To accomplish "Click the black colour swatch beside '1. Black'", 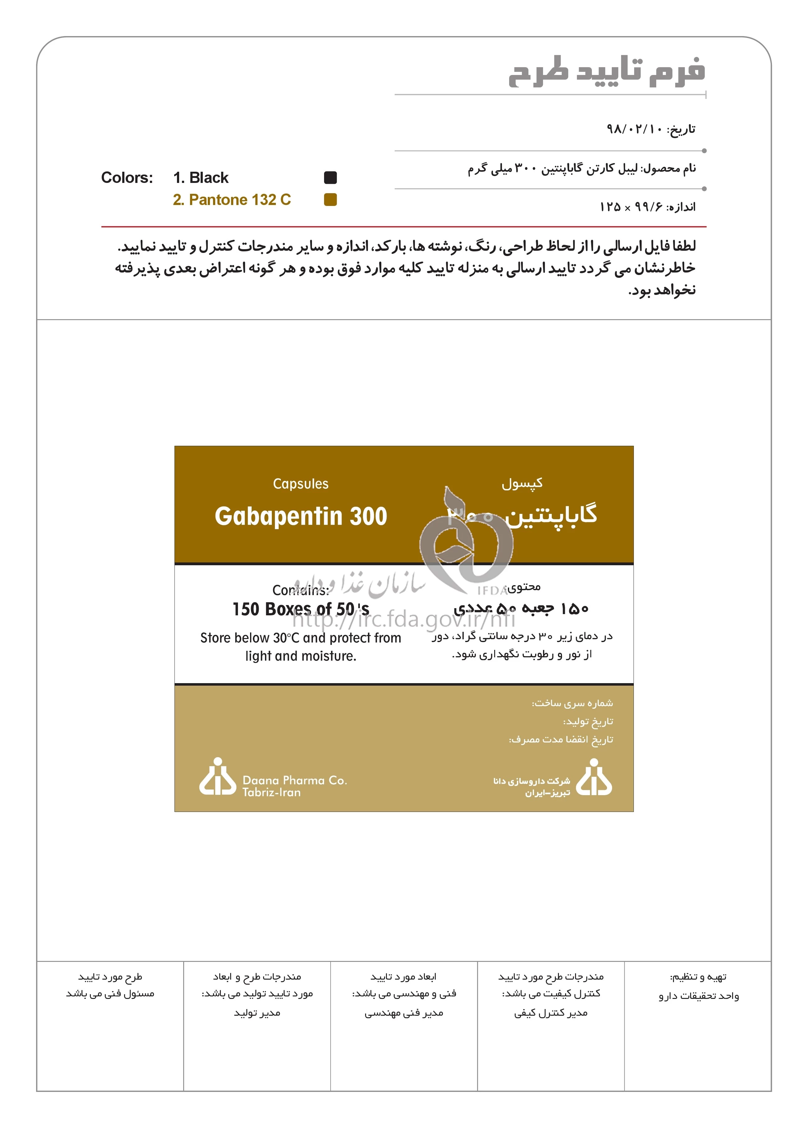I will pyautogui.click(x=330, y=178).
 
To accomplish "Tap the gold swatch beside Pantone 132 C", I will pyautogui.click(x=330, y=199).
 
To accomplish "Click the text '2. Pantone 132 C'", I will pyautogui.click(x=232, y=199).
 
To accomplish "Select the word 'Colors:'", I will pyautogui.click(x=127, y=178).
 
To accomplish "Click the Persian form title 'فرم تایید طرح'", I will pyautogui.click(x=606, y=72).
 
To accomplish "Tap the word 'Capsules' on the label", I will pyautogui.click(x=300, y=484).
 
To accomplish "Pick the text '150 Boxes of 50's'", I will pyautogui.click(x=300, y=609).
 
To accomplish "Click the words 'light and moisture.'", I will pyautogui.click(x=300, y=656).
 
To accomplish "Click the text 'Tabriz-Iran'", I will pyautogui.click(x=272, y=792).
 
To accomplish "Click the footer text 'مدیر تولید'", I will pyautogui.click(x=257, y=1013).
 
